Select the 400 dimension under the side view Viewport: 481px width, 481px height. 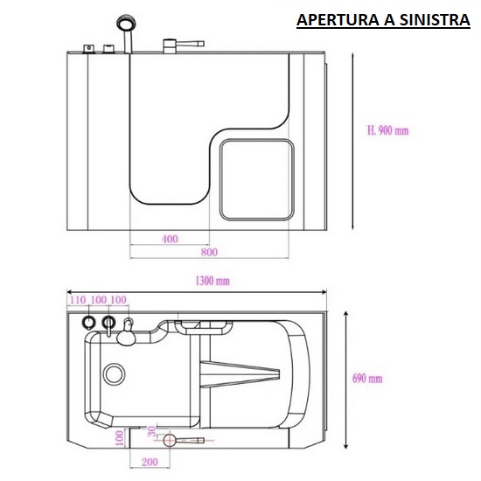click(170, 239)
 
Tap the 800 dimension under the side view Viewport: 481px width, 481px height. click(208, 252)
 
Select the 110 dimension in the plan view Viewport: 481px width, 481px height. click(79, 301)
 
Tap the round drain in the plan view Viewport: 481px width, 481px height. click(115, 374)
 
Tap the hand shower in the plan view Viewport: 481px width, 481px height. click(129, 333)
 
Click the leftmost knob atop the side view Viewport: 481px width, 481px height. click(88, 47)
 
